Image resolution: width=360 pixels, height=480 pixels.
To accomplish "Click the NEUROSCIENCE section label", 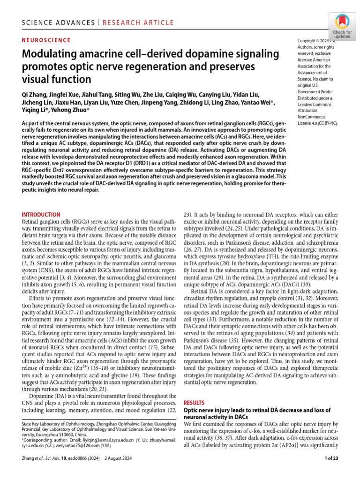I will pyautogui.click(x=46, y=40).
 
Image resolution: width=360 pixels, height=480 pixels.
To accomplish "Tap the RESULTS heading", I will pyautogui.click(x=194, y=403).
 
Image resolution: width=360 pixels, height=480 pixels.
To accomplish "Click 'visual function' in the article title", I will pyautogui.click(x=57, y=78).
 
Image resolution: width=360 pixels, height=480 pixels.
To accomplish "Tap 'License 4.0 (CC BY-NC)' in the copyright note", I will pyautogui.click(x=317, y=123).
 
